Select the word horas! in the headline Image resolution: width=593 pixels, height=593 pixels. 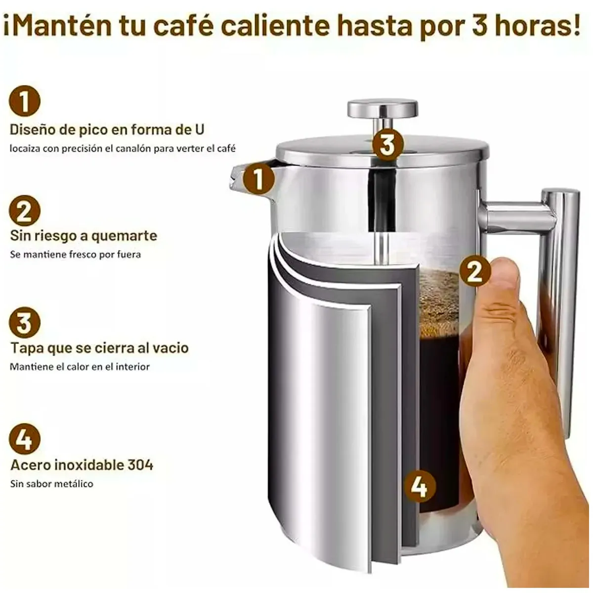click(x=539, y=26)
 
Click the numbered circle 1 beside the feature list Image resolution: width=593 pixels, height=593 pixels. click(x=24, y=101)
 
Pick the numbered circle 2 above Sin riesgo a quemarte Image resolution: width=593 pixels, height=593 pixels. click(x=24, y=211)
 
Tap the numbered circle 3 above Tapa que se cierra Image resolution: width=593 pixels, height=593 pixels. click(x=24, y=323)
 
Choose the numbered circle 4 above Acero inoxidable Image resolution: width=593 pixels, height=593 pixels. click(x=24, y=438)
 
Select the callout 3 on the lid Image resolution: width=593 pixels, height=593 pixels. click(x=388, y=145)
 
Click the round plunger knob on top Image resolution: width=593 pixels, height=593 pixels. click(x=382, y=108)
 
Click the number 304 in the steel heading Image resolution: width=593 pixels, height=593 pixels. click(x=140, y=465)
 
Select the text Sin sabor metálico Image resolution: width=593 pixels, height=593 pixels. click(x=52, y=484)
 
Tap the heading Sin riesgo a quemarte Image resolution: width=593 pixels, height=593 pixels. click(x=84, y=236)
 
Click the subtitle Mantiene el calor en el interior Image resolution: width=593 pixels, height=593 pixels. click(x=80, y=367)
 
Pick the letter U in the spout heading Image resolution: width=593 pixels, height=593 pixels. click(x=198, y=130)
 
